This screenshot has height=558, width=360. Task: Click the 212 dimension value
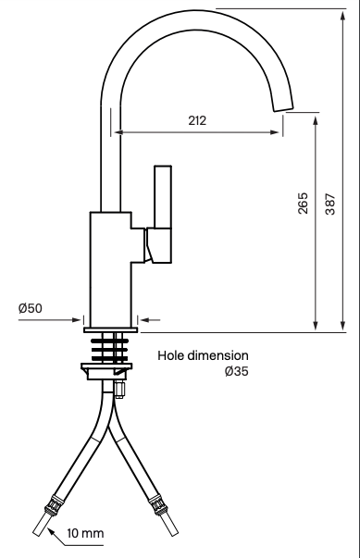pyautogui.click(x=195, y=121)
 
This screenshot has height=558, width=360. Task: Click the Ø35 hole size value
pyautogui.click(x=236, y=371)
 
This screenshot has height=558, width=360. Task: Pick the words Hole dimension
pyautogui.click(x=203, y=355)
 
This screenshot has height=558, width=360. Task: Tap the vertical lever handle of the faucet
pyautogui.click(x=163, y=199)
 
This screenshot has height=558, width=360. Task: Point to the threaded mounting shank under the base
pyautogui.click(x=112, y=345)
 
